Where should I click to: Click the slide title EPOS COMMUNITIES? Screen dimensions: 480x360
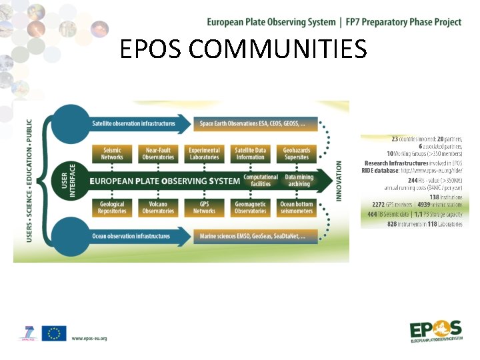click(243, 49)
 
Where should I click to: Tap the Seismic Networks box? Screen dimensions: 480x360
click(112, 154)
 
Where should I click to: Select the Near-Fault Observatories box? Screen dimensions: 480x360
click(158, 154)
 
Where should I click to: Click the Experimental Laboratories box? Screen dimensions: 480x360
click(204, 154)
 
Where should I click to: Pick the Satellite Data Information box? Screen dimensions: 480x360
click(250, 154)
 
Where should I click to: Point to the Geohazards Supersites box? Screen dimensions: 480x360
click(297, 154)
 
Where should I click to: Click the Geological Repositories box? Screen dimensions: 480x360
click(112, 207)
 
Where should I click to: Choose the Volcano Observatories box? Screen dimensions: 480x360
click(158, 207)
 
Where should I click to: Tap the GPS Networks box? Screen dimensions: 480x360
click(204, 207)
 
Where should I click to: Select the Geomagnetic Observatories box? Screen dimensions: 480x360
click(250, 207)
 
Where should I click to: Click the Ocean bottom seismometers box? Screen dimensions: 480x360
click(297, 207)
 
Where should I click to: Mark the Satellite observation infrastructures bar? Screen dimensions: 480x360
click(133, 123)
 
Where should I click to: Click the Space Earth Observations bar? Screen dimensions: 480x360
click(253, 123)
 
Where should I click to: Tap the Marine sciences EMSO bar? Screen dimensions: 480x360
click(253, 236)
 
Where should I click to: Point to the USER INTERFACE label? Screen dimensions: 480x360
click(69, 181)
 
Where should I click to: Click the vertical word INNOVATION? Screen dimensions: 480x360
click(339, 181)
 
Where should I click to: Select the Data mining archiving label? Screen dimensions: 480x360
click(299, 181)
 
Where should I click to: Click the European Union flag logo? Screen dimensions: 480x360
click(53, 334)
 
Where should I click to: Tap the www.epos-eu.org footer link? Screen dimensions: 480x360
click(89, 338)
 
